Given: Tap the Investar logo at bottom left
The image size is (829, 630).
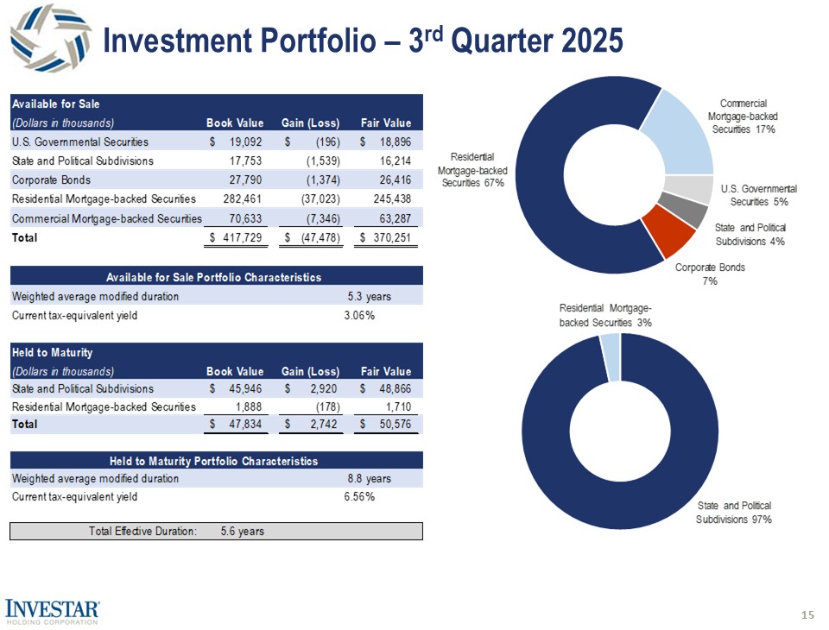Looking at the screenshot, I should tap(54, 610).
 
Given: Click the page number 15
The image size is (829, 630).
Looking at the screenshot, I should tap(807, 614).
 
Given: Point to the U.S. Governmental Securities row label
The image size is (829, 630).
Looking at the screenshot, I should tap(80, 142).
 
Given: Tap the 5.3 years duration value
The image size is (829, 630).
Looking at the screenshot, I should tap(369, 296).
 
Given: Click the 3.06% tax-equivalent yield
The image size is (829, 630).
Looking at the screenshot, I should tap(359, 315).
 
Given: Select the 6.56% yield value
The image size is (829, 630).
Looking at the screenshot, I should tap(359, 496).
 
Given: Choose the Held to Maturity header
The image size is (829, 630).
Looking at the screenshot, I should tap(53, 352).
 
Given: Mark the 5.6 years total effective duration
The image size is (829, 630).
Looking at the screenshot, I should tap(242, 531).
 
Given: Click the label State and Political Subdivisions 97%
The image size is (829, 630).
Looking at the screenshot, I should tap(733, 512).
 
